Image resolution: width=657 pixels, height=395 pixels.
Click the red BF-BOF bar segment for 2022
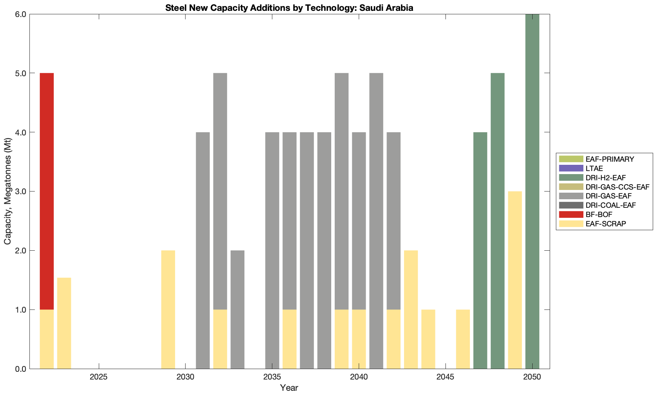46,191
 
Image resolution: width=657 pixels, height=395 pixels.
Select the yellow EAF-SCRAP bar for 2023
64,323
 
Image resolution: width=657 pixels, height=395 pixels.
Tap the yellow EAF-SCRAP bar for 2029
168,310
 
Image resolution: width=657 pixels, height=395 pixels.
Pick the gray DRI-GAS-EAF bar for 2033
237,310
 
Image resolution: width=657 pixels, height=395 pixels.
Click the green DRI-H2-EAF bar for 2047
480,250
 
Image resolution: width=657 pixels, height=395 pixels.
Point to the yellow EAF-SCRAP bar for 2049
515,280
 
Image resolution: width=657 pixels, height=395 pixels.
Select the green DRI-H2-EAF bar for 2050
532,191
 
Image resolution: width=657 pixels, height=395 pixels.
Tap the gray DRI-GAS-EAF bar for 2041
376,221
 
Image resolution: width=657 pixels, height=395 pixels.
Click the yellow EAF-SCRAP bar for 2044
428,339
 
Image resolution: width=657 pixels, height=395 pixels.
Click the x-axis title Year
289,388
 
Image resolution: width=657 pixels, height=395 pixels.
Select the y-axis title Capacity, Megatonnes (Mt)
7,192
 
